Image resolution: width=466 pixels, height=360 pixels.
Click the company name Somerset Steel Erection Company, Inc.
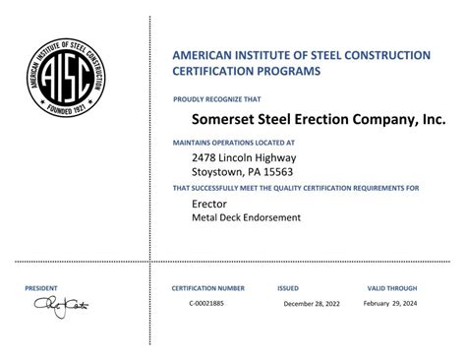(x=305, y=118)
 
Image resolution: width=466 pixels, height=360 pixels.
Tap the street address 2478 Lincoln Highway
(x=244, y=156)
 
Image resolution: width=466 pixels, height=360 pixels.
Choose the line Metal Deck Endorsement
(x=246, y=216)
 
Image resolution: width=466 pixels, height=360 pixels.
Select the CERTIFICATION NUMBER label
(x=208, y=288)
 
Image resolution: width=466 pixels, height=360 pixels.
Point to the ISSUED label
(x=288, y=288)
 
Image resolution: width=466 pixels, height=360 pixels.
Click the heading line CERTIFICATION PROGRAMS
(x=247, y=71)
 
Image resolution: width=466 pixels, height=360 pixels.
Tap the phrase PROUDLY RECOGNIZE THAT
(x=217, y=99)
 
